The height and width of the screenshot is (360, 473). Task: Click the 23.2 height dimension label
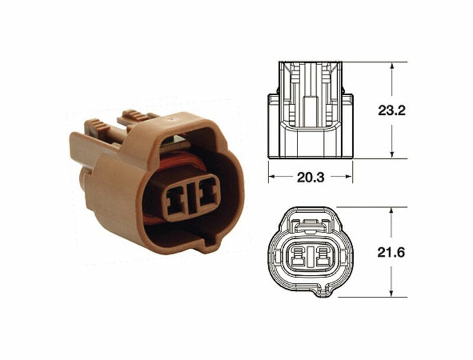tap(391, 110)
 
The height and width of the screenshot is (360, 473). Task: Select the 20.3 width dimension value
tap(310, 177)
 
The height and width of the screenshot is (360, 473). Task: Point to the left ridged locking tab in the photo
tap(98, 126)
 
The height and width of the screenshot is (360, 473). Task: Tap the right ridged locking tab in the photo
tap(135, 115)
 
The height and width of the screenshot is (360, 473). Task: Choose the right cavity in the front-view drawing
tap(322, 258)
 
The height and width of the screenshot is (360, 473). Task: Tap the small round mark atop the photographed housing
tap(173, 119)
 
